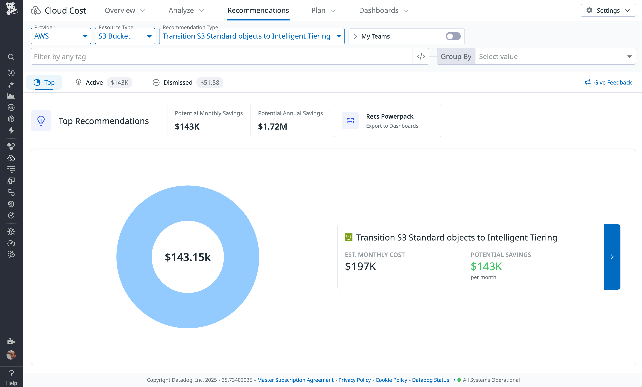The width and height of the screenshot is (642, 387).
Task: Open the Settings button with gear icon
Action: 608,10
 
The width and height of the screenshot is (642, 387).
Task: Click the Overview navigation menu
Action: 124,10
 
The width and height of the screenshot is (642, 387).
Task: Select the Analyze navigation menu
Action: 186,10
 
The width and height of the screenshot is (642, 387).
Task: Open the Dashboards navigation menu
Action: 383,10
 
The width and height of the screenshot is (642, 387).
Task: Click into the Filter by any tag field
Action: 221,57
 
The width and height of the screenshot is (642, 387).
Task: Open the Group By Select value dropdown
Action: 555,57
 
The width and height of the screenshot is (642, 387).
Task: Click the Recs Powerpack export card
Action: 387,121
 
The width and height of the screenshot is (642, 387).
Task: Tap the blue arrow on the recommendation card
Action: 612,257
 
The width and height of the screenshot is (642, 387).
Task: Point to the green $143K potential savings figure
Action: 486,267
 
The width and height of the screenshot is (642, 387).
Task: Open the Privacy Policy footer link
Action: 354,380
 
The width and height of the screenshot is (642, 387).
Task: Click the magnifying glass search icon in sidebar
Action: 11,57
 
